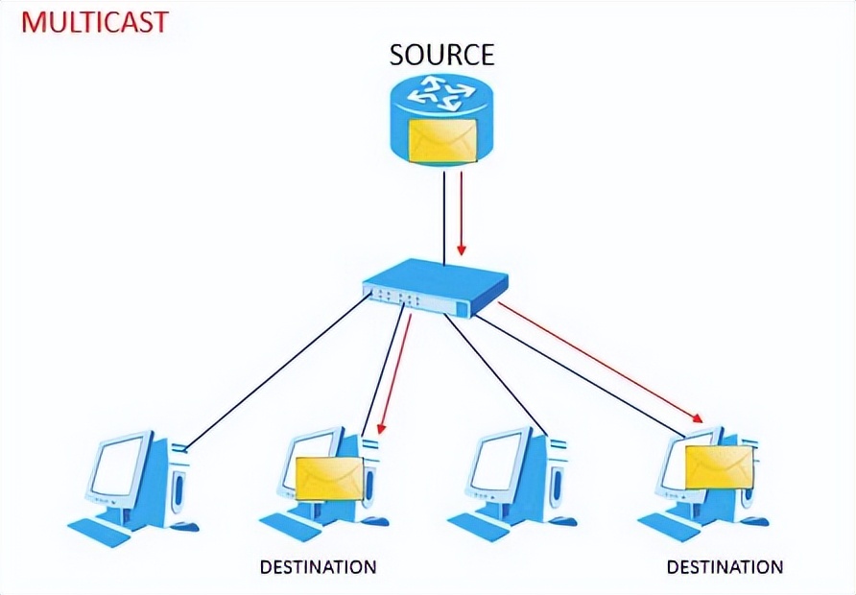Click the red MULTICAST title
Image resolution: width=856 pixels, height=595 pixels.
94,21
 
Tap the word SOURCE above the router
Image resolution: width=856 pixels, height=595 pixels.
441,55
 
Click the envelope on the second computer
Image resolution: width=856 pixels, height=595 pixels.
329,477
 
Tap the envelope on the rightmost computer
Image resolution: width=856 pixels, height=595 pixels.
720,466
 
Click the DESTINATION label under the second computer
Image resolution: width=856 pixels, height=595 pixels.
318,566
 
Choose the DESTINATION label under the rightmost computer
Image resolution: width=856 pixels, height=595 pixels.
725,566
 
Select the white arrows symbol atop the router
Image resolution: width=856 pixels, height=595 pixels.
441,96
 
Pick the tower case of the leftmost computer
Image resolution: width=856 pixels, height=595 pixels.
176,485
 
